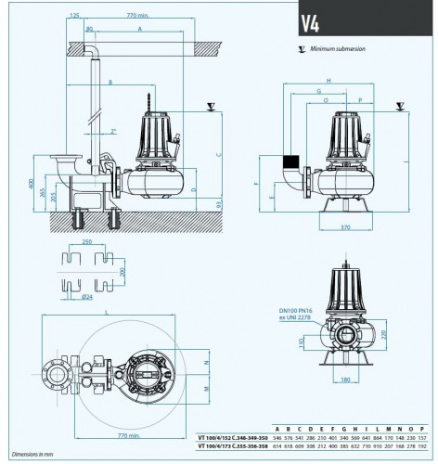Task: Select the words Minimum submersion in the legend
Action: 334,47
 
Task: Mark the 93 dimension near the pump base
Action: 219,203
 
